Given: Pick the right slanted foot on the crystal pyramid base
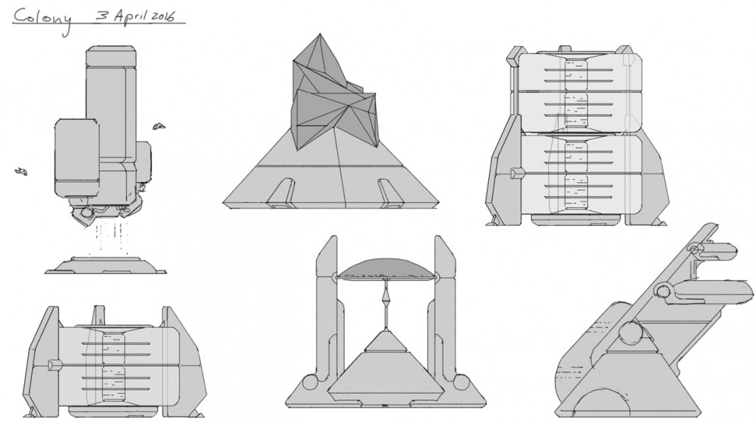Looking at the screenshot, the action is point(390,193).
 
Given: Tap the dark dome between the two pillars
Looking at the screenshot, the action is point(386,268).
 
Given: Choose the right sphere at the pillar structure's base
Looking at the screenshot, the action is point(462,384).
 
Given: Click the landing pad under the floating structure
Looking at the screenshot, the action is point(106,265).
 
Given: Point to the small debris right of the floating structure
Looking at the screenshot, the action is point(159,126).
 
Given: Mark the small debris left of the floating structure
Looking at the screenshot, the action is point(21,170).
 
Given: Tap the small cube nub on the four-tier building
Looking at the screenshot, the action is point(516,172).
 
